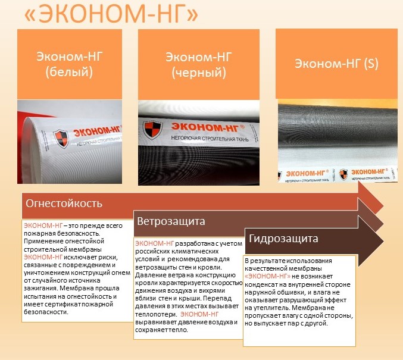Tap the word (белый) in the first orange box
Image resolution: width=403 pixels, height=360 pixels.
[69, 71]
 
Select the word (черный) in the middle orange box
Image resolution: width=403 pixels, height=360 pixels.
[199, 73]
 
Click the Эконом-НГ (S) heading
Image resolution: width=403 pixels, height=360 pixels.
[336, 64]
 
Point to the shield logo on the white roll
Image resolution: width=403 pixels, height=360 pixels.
[61, 138]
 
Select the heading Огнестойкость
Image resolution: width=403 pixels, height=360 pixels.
[64, 204]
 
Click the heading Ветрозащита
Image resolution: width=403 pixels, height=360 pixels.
[171, 221]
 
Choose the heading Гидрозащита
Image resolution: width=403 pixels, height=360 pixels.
[283, 239]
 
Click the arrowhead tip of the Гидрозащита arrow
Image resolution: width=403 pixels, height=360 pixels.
[383, 241]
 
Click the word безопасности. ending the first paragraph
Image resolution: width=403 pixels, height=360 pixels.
[46, 312]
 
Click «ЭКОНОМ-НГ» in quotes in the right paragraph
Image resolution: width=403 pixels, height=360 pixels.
[267, 277]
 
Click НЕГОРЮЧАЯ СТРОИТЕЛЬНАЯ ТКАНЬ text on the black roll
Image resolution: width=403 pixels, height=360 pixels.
[210, 139]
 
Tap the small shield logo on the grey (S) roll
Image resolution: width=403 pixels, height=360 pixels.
[343, 174]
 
